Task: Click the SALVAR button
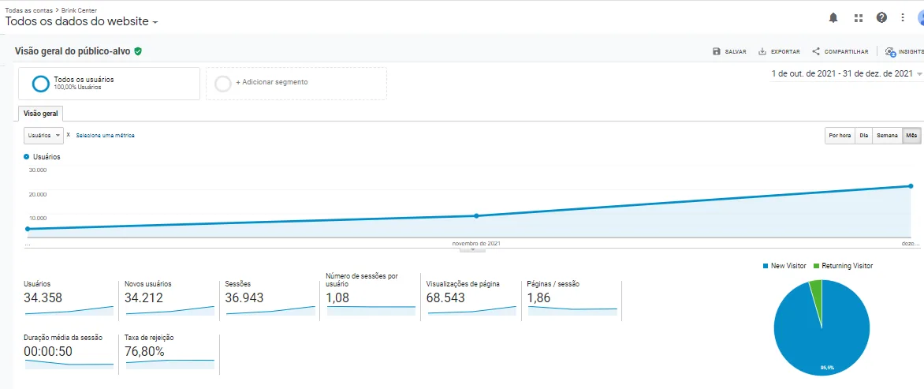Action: pos(729,52)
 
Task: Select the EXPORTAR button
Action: pos(779,52)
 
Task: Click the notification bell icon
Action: pos(833,17)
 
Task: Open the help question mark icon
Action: pos(881,17)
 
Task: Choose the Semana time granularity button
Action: pos(887,136)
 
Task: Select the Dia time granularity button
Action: pos(864,136)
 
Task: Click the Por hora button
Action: pos(840,136)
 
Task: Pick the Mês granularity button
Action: pos(911,136)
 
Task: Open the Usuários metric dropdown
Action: pos(44,136)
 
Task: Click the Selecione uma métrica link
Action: pos(105,136)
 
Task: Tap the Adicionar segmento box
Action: pos(296,83)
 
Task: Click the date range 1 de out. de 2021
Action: pos(842,74)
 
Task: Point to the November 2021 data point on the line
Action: pos(476,215)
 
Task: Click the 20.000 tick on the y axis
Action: pos(38,194)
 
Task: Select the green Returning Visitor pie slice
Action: pos(816,292)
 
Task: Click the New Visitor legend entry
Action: pos(784,266)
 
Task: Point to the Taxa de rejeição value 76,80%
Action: pos(144,351)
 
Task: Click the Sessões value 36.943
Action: pos(244,298)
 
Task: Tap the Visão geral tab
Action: pos(40,114)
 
